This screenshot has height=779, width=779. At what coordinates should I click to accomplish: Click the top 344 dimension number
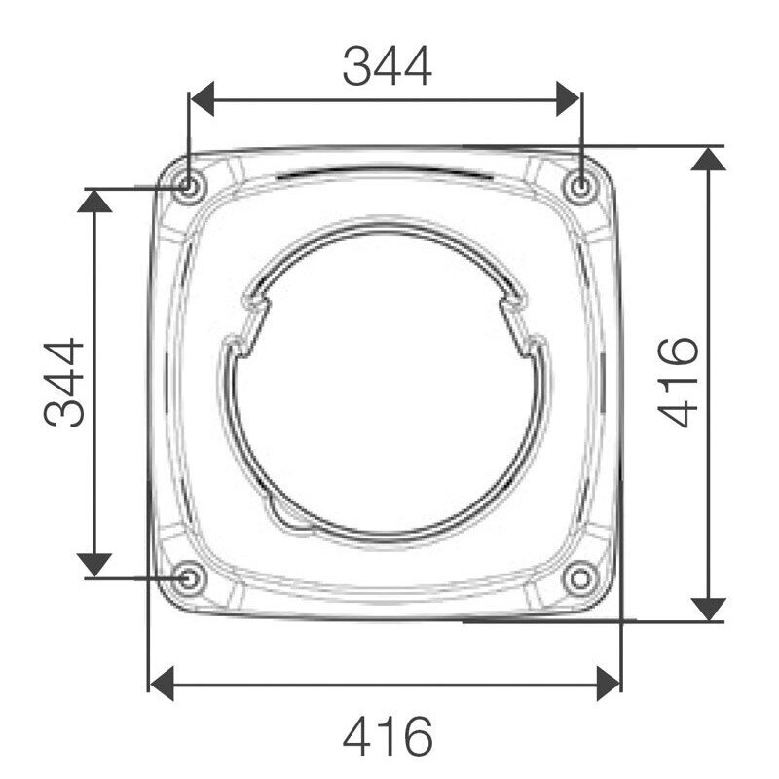pos(387,66)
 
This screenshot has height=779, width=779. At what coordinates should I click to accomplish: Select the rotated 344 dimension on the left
pos(63,383)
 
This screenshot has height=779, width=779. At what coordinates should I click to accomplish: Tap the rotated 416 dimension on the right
pos(678,382)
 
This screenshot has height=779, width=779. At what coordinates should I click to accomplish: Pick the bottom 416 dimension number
pos(388,736)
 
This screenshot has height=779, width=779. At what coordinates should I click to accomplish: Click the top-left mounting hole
pos(187,187)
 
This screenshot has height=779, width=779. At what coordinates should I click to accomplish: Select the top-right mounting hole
pos(579,187)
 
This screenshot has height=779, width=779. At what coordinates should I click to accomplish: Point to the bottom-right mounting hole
pos(579,577)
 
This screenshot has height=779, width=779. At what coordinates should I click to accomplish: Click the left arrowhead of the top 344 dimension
pos(203,99)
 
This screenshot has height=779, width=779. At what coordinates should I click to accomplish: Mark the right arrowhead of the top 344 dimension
pos(568,99)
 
